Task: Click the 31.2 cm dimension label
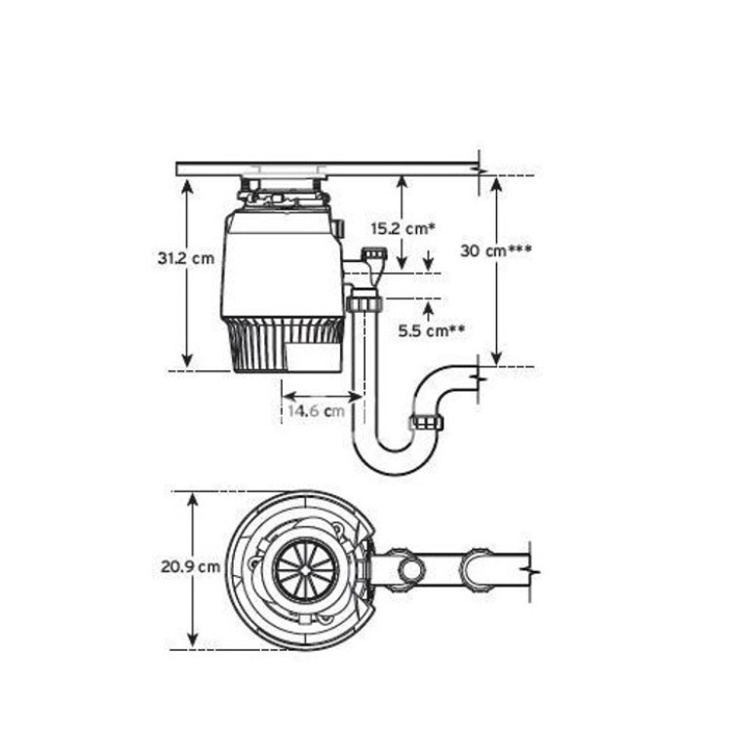tap(185, 259)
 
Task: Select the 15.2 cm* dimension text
tap(402, 229)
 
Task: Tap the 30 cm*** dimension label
tap(495, 250)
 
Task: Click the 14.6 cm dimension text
tap(315, 411)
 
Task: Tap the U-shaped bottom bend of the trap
tap(394, 458)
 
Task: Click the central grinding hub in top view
tap(302, 568)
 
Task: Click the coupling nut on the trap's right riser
tap(427, 422)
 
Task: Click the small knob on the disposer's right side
tap(338, 228)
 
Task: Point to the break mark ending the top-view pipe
tap(529, 565)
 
